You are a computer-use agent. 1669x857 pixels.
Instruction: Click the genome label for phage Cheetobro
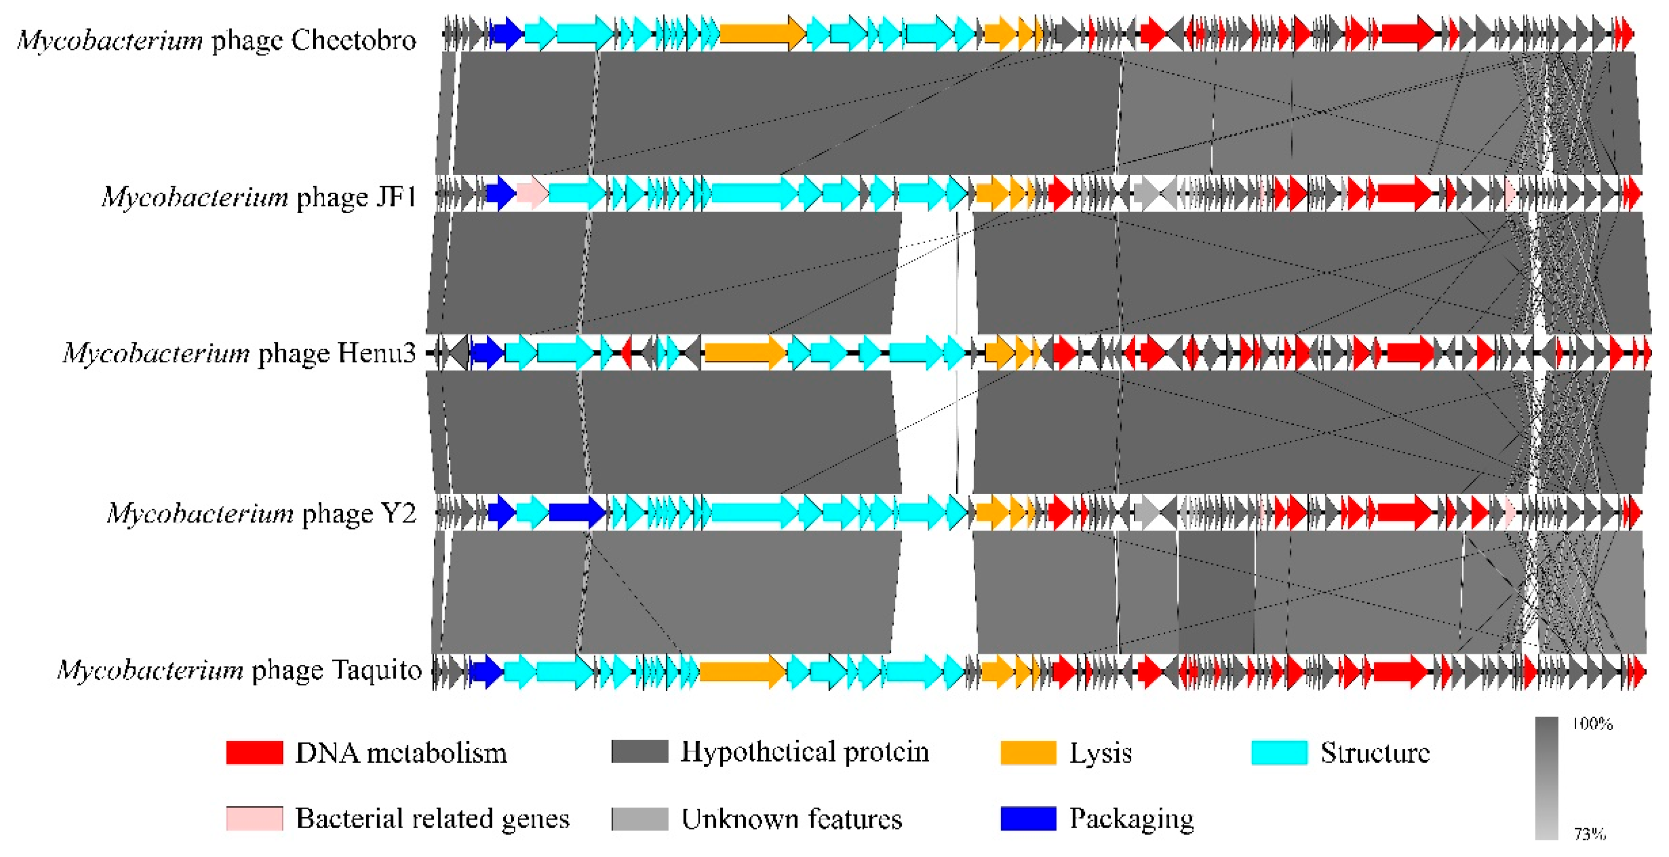tap(216, 40)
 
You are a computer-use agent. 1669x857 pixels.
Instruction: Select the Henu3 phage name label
tap(239, 353)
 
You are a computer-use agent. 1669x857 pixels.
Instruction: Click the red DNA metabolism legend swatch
tap(254, 753)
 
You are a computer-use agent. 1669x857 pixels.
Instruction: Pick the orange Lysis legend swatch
tap(1028, 753)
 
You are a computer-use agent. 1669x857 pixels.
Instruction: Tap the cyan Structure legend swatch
tap(1279, 753)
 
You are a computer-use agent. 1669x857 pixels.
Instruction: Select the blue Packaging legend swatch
tap(1028, 818)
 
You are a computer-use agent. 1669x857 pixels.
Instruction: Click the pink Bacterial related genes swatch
tap(254, 818)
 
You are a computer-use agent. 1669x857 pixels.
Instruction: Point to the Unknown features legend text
tap(791, 819)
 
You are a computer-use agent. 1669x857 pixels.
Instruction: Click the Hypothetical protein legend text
tap(805, 752)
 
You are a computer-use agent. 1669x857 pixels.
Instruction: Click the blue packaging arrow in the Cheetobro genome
tap(506, 32)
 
